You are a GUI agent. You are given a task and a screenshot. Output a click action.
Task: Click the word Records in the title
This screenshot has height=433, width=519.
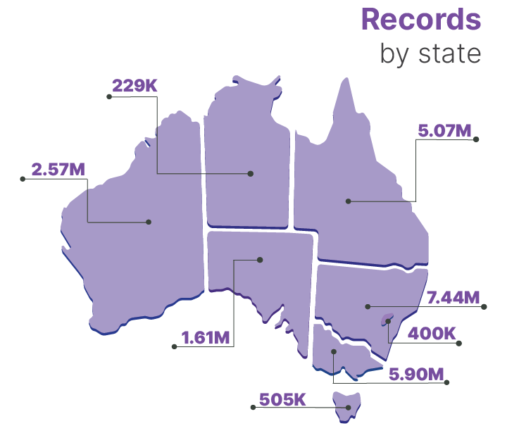[x=421, y=19]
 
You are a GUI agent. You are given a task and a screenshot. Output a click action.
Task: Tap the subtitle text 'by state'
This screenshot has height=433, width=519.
[x=430, y=53]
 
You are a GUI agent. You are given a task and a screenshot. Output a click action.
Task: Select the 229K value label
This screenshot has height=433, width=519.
[x=135, y=86]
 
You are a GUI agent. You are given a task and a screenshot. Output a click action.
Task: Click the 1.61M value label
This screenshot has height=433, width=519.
[x=206, y=337]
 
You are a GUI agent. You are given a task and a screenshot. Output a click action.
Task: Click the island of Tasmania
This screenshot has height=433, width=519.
[x=347, y=406]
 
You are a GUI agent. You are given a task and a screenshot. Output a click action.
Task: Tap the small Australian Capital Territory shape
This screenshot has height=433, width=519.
[x=387, y=320]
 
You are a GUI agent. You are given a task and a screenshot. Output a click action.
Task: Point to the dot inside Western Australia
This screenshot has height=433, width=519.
[x=149, y=222]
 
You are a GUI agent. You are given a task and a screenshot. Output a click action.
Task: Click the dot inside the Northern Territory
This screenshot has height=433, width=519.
[x=250, y=172]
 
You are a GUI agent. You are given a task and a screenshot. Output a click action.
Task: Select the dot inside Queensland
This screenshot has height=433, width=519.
[x=348, y=201]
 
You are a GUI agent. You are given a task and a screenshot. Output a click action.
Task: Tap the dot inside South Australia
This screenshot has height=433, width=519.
[x=260, y=260]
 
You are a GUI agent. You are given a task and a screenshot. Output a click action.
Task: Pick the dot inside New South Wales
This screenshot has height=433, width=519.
[x=367, y=306]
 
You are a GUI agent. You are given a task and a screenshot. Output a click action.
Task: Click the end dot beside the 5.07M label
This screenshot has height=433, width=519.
[x=476, y=139]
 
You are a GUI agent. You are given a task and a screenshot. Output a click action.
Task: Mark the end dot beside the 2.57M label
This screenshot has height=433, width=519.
[x=23, y=179]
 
